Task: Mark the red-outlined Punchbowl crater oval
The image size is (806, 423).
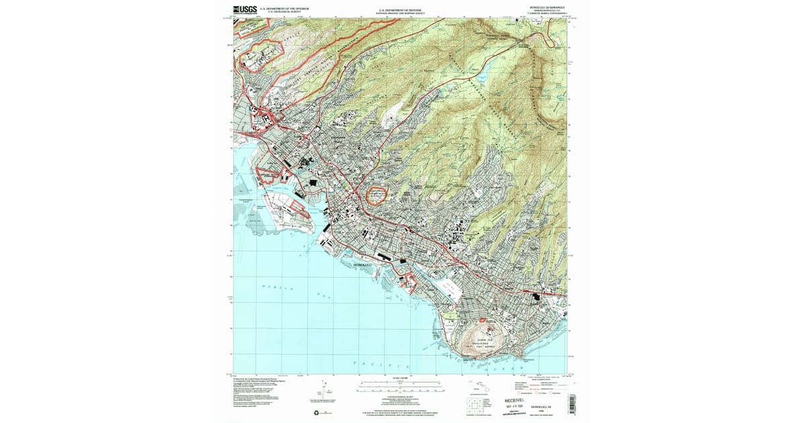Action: coord(377,196)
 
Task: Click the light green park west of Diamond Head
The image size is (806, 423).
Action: coord(452,314)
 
